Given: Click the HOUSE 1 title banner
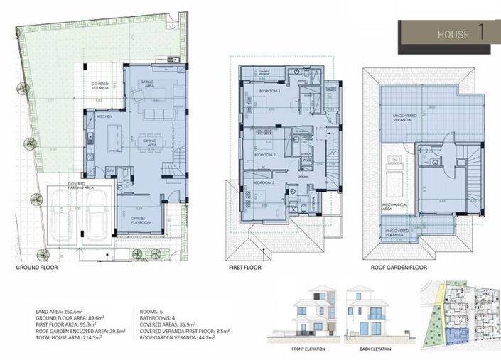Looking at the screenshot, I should pos(448,35).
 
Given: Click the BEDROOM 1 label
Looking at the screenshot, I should pos(269,92).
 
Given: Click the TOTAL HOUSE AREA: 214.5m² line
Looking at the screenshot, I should pos(68,332).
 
